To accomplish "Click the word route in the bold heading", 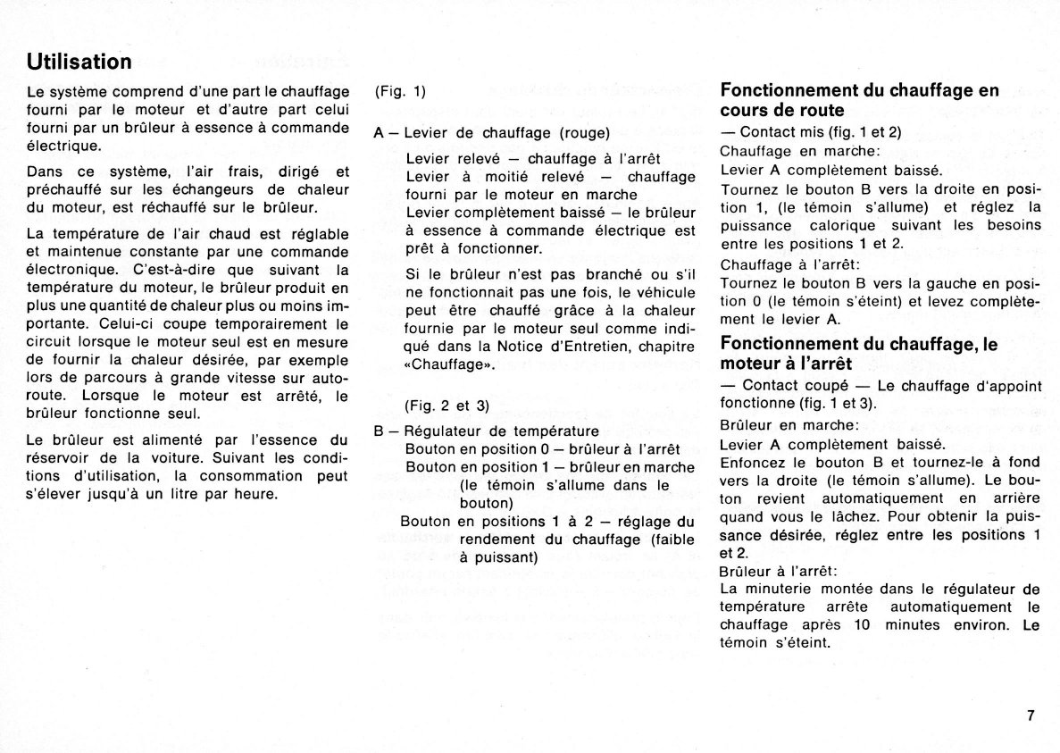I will click(x=820, y=111).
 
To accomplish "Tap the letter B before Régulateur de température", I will click(x=380, y=430).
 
